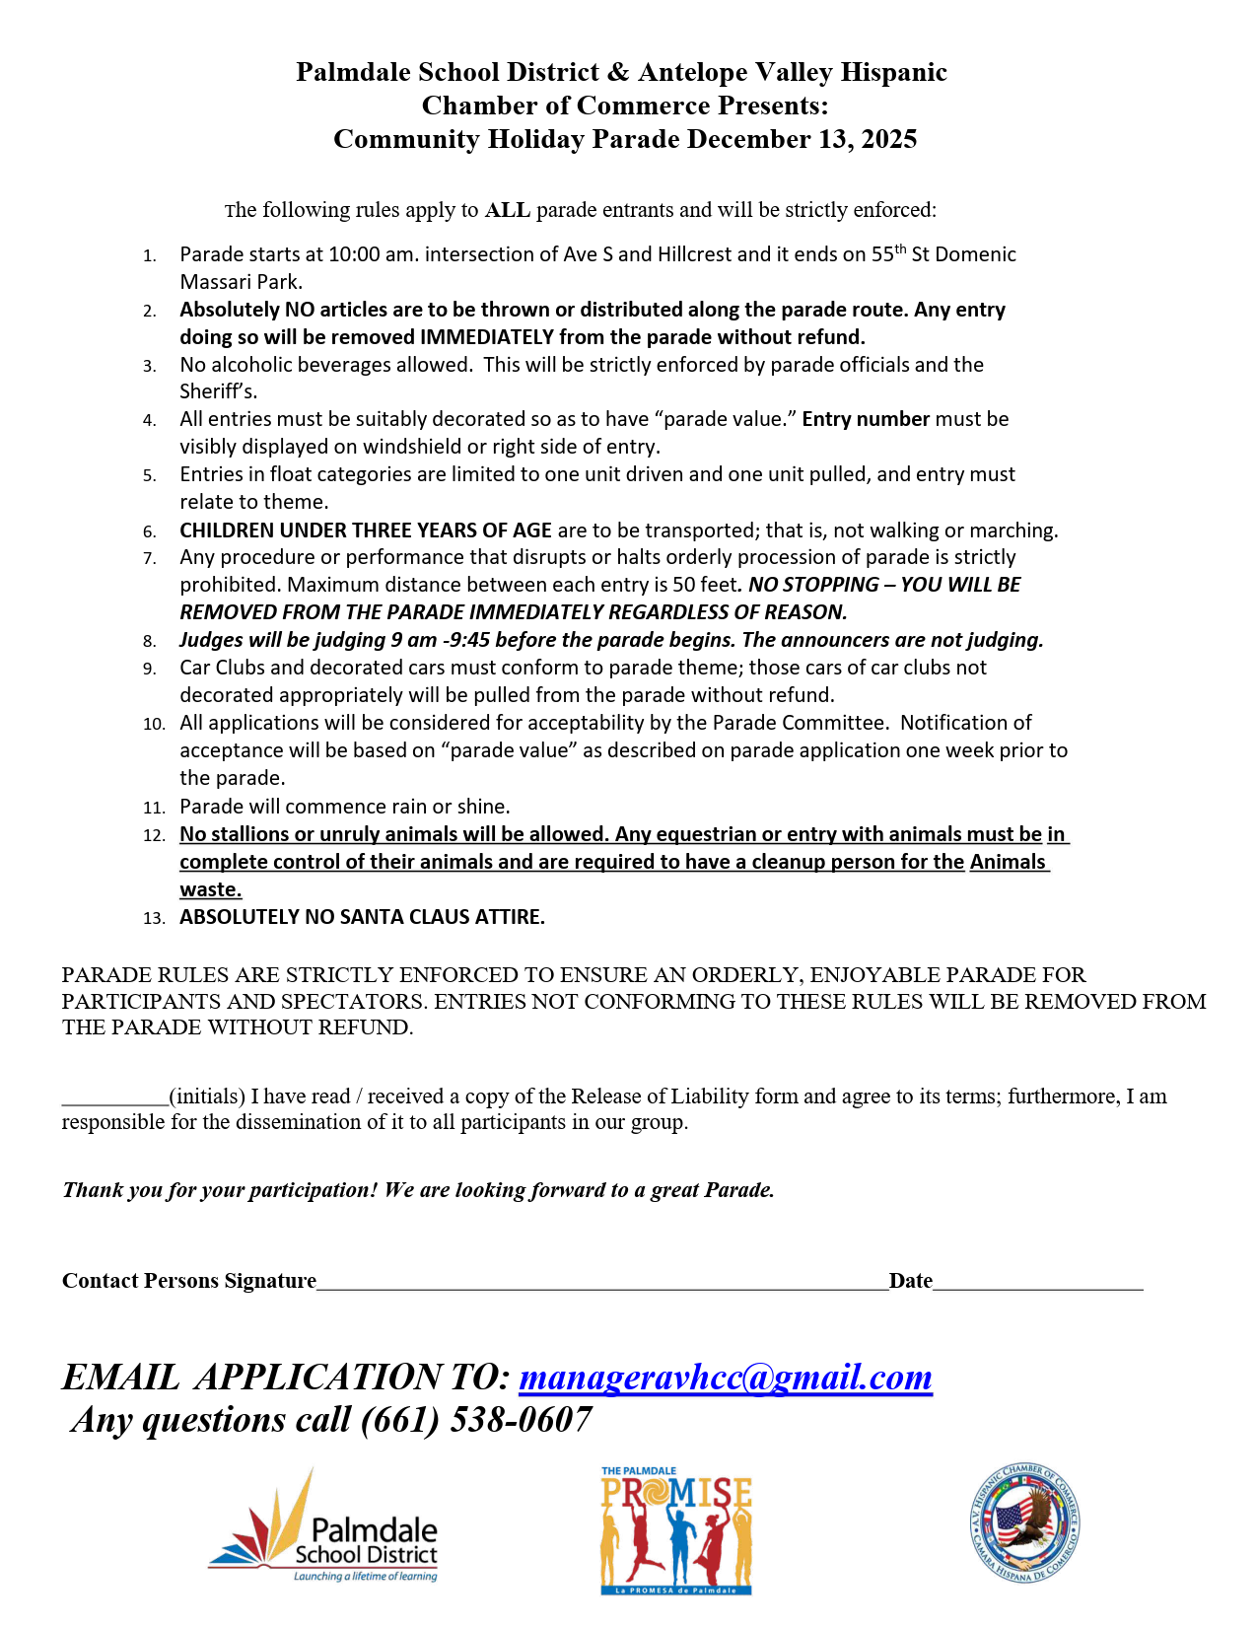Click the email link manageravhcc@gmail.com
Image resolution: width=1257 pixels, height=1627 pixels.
725,1378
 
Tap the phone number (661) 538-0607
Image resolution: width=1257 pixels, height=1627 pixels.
476,1420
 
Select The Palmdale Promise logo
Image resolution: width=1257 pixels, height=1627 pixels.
676,1530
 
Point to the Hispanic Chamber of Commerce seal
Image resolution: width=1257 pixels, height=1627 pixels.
1024,1522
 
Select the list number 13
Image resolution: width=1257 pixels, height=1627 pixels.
154,918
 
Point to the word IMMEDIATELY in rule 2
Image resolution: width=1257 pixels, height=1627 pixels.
486,337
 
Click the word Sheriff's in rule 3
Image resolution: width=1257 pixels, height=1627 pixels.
218,391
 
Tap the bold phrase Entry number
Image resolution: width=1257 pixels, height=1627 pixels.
866,419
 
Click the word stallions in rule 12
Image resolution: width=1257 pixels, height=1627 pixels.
259,834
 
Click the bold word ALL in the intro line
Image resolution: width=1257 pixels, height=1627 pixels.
508,210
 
